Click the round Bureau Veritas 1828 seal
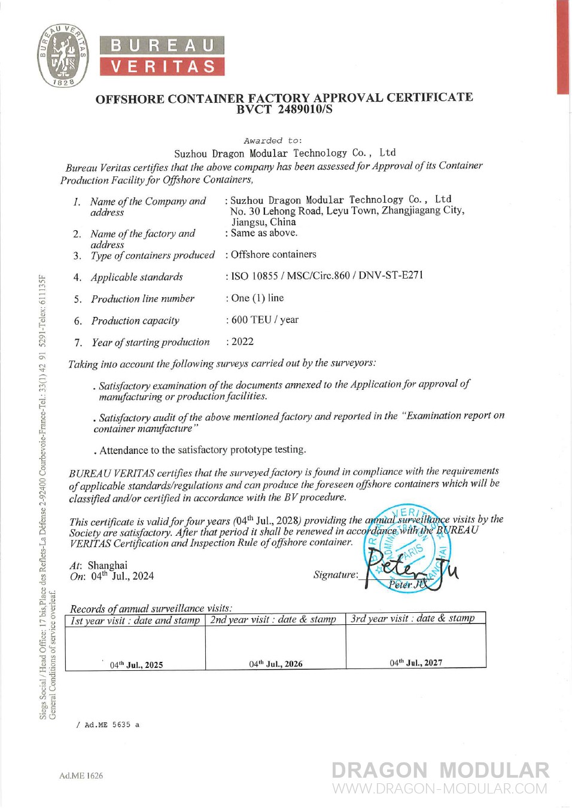(x=63, y=56)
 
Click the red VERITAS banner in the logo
(x=162, y=66)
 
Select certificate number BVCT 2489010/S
(x=284, y=109)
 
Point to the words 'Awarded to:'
(x=273, y=141)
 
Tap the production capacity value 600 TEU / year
(x=264, y=320)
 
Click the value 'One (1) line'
(x=257, y=298)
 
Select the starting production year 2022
(x=242, y=341)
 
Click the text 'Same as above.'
(x=264, y=233)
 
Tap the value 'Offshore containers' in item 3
(x=273, y=254)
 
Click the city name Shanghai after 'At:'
(x=108, y=565)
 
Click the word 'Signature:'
(x=336, y=575)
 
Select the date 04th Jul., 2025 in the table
(x=136, y=665)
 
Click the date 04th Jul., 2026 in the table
(x=276, y=664)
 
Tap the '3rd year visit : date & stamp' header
(x=413, y=618)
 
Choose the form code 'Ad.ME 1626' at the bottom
(x=81, y=776)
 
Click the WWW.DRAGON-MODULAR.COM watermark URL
(x=440, y=789)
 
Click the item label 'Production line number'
(x=142, y=298)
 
